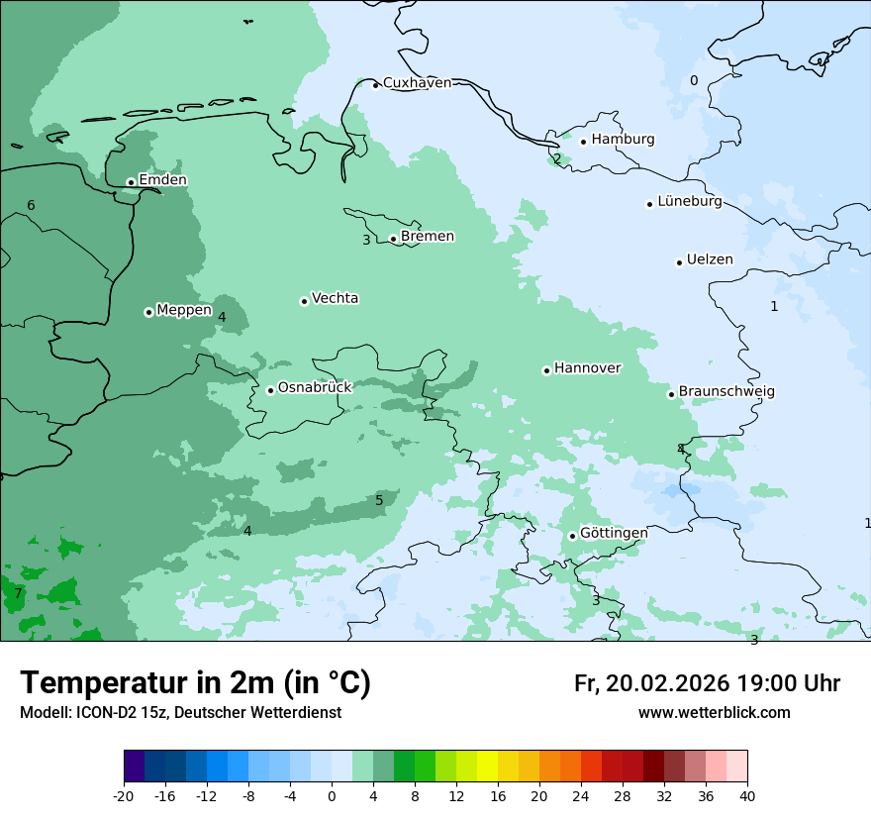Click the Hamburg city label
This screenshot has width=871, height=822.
coord(623,140)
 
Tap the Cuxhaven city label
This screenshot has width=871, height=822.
coord(417,83)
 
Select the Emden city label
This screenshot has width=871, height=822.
coord(162,180)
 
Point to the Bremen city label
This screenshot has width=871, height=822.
coord(428,237)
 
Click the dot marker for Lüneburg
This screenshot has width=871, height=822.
coord(649,204)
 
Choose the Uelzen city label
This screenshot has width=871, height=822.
coord(710,260)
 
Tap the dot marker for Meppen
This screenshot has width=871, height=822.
coord(148,312)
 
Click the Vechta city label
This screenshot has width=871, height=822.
coord(335,298)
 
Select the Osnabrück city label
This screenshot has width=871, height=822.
coord(315,388)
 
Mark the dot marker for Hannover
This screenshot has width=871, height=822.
coord(546,370)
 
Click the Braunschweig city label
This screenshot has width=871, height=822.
coord(726,392)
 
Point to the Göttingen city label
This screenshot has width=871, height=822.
coord(614,533)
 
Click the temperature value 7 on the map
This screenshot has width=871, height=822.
coord(18,594)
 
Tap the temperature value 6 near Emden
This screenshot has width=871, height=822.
coord(31,205)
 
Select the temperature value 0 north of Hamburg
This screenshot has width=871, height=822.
coord(694,81)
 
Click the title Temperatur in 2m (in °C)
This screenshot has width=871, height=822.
coord(196,682)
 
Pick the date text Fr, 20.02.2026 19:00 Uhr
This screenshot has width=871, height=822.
coord(707,683)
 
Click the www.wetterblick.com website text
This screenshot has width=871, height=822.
coord(714,713)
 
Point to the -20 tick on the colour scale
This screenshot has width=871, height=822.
coord(124,795)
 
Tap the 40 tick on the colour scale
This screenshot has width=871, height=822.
coord(747,795)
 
